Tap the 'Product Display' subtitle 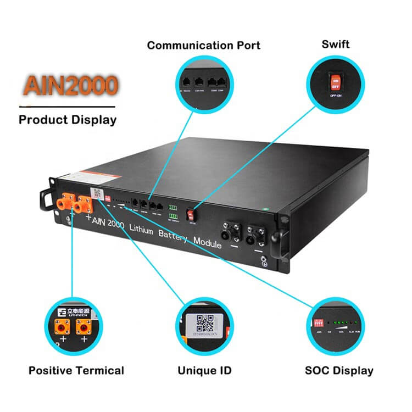click(68, 119)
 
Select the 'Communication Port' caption click(203, 45)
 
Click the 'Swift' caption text click(336, 44)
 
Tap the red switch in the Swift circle click(335, 83)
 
